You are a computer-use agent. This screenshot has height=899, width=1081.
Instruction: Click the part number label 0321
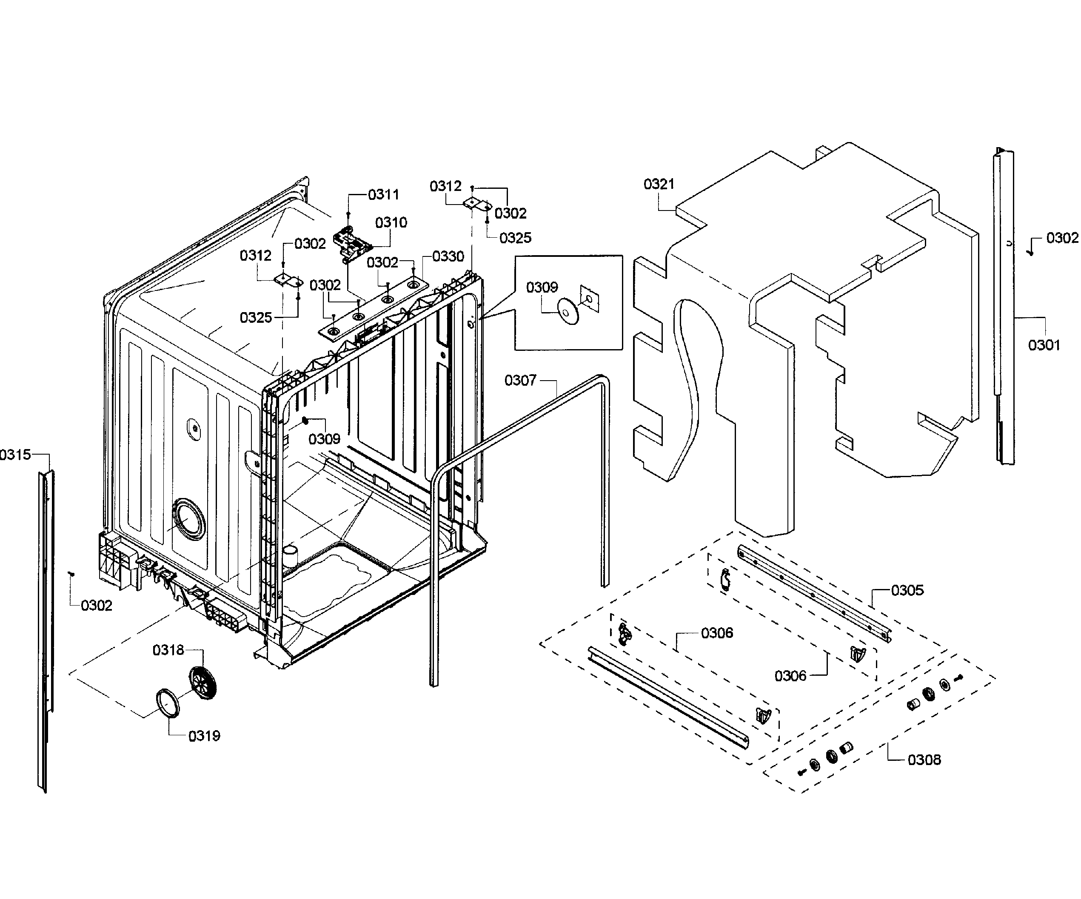pyautogui.click(x=659, y=184)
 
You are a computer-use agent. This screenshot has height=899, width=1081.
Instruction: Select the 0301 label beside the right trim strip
pyautogui.click(x=1044, y=345)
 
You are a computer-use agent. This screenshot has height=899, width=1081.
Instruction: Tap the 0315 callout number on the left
pyautogui.click(x=15, y=454)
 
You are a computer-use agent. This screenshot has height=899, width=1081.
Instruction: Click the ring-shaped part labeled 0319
pyautogui.click(x=168, y=703)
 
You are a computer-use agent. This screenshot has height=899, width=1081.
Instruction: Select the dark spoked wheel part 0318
pyautogui.click(x=203, y=683)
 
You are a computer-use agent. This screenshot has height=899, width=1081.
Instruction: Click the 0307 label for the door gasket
pyautogui.click(x=520, y=380)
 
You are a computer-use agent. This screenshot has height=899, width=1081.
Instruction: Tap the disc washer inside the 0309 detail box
pyautogui.click(x=568, y=311)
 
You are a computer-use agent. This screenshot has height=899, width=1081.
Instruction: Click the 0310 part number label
pyautogui.click(x=391, y=222)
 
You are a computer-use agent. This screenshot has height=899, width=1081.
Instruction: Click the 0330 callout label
pyautogui.click(x=448, y=256)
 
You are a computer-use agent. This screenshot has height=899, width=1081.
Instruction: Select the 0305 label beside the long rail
pyautogui.click(x=907, y=590)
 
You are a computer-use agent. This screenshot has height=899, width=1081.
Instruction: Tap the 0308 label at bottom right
pyautogui.click(x=924, y=760)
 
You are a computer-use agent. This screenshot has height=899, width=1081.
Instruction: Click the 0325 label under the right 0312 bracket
pyautogui.click(x=515, y=238)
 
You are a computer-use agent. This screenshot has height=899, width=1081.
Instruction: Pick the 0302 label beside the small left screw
pyautogui.click(x=96, y=605)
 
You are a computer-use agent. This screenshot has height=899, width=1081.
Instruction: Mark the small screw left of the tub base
pyautogui.click(x=71, y=573)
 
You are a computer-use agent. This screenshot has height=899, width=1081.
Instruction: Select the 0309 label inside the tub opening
pyautogui.click(x=324, y=439)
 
